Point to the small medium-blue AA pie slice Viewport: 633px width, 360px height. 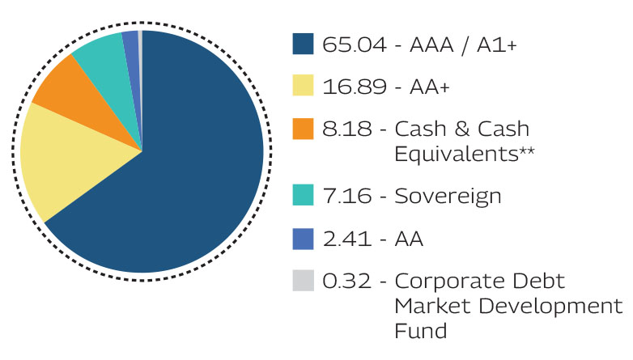[x=131, y=40]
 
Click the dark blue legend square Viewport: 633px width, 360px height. [x=302, y=44]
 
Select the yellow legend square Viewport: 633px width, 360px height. [x=302, y=87]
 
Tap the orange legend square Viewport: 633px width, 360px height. [x=302, y=129]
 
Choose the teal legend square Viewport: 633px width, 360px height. [x=302, y=196]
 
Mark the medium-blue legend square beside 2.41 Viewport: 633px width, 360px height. [x=302, y=239]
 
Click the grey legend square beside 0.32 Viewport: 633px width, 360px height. [x=302, y=281]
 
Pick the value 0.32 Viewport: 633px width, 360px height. [x=346, y=281]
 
